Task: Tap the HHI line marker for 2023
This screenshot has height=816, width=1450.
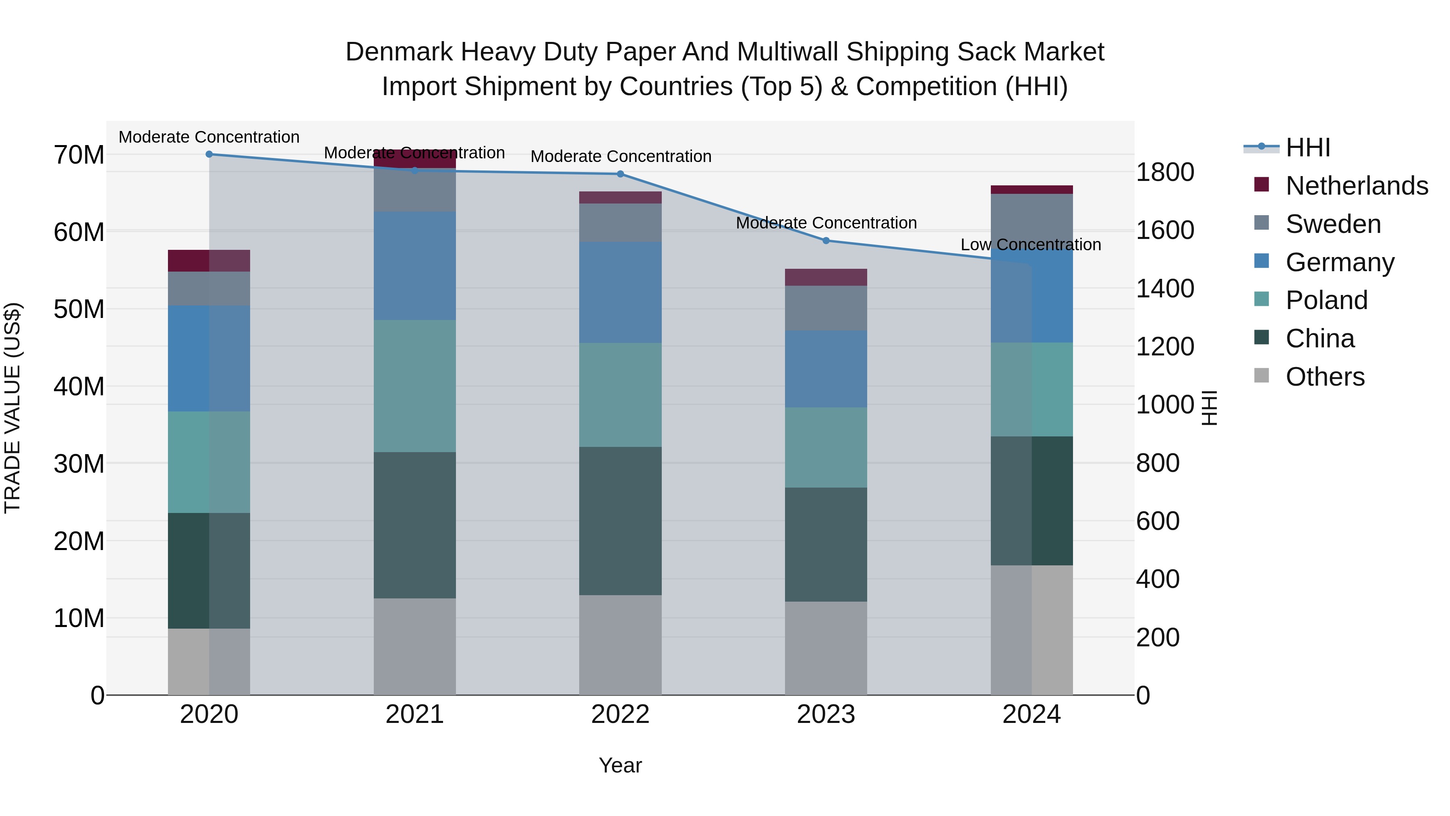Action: click(x=826, y=241)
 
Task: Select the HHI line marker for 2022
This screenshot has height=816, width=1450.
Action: click(x=620, y=174)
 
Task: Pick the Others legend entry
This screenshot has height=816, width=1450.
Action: click(x=1324, y=377)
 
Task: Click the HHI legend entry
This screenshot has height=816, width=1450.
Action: click(x=1307, y=147)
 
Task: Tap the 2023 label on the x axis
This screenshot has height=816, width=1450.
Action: click(x=826, y=714)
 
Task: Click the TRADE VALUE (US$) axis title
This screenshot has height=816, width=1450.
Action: click(x=12, y=408)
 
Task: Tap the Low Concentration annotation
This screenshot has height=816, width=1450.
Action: click(x=1031, y=245)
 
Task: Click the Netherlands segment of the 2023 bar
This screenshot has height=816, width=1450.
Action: click(x=826, y=277)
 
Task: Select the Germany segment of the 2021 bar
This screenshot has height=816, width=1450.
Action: click(x=415, y=266)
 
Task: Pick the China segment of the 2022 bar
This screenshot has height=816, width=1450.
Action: click(x=620, y=521)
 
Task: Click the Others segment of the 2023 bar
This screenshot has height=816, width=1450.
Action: click(x=826, y=648)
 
